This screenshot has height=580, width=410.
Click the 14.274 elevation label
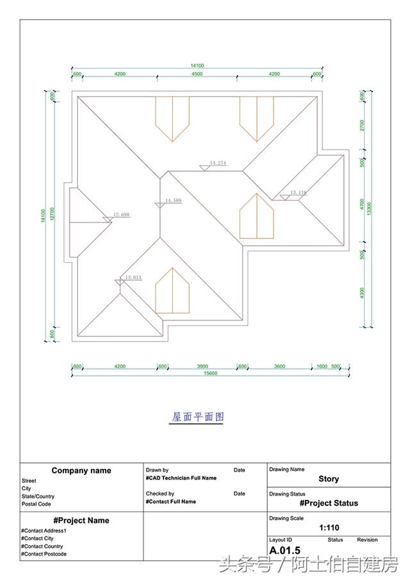click(x=218, y=163)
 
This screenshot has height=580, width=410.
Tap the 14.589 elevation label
click(x=173, y=201)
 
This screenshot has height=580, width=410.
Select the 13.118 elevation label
click(x=299, y=192)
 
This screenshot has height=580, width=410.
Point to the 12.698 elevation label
click(x=122, y=215)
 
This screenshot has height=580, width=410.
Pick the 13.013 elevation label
click(x=133, y=278)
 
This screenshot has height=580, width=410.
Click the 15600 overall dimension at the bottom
click(x=209, y=373)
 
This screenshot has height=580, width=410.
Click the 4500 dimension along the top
click(x=197, y=74)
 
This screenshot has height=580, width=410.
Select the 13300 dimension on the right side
click(x=369, y=209)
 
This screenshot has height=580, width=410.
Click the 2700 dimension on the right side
click(x=362, y=125)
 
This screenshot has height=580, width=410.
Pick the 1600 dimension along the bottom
click(x=321, y=366)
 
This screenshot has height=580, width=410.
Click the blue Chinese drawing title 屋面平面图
click(x=198, y=417)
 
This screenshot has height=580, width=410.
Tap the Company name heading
click(x=81, y=470)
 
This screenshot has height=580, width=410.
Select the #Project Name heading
click(x=81, y=520)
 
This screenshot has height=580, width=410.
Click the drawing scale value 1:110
click(x=329, y=528)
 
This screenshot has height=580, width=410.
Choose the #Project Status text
click(x=329, y=503)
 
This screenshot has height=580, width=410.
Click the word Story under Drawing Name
click(x=329, y=479)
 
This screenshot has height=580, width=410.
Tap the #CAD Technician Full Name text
click(x=181, y=478)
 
